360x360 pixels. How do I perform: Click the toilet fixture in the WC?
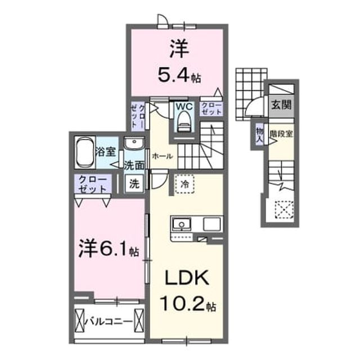[x=184, y=121]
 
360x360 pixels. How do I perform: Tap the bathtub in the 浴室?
[x=85, y=152]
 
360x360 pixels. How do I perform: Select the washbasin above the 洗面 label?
[x=134, y=143]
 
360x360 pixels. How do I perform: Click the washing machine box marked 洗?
[x=134, y=183]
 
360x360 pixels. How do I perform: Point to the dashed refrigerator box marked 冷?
[x=184, y=184]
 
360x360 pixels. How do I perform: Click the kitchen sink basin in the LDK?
[x=182, y=224]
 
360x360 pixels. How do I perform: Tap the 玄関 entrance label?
[x=281, y=105]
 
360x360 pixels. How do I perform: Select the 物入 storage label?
[x=260, y=136]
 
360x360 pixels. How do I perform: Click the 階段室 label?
[x=281, y=134]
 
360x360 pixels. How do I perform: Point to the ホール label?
[x=163, y=156]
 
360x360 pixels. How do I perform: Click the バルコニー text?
[x=109, y=322]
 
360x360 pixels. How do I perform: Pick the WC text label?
[x=184, y=106]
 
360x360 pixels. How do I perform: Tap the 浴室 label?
[x=106, y=152]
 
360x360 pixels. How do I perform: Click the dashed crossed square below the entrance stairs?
[x=284, y=210]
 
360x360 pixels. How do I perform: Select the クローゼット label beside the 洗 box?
[x=93, y=184]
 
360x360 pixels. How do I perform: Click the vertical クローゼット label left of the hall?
[x=138, y=116]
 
